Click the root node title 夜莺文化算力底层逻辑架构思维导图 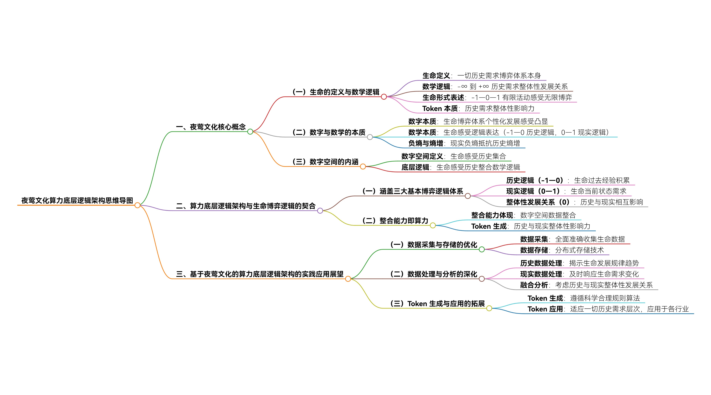pyautogui.click(x=77, y=201)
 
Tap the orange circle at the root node pyautogui.click(x=137, y=205)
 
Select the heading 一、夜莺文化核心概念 pyautogui.click(x=211, y=127)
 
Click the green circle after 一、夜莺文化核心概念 pyautogui.click(x=250, y=132)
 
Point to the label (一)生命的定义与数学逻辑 pyautogui.click(x=336, y=92)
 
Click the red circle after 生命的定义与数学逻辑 pyautogui.click(x=384, y=97)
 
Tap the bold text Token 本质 pyautogui.click(x=440, y=108)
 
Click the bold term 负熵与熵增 pyautogui.click(x=426, y=143)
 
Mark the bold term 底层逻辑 pyautogui.click(x=415, y=167)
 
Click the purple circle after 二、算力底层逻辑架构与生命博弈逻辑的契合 pyautogui.click(x=320, y=211)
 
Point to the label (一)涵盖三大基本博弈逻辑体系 pyautogui.click(x=413, y=191)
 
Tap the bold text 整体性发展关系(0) pyautogui.click(x=538, y=202)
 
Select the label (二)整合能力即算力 pyautogui.click(x=395, y=221)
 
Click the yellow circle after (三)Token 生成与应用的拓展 pyautogui.click(x=489, y=308)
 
